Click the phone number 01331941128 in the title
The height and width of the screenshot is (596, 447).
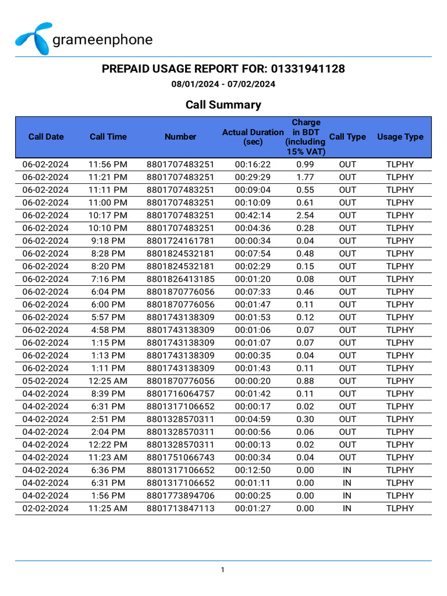(308, 69)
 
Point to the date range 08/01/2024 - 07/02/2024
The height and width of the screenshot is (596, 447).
(223, 84)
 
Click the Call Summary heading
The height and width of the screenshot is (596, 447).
(223, 105)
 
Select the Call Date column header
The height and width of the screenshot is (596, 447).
(46, 137)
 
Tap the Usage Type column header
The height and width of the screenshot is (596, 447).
(400, 137)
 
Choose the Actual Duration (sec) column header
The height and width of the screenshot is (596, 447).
(253, 137)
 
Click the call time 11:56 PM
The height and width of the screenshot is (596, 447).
(108, 164)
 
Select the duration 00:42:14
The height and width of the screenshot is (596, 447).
(253, 215)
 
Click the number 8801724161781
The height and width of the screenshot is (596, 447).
(180, 241)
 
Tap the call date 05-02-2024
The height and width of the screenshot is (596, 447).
(45, 381)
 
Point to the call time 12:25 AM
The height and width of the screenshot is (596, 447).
(108, 381)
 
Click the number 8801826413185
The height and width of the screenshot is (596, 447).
(180, 279)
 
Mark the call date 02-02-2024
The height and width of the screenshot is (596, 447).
(45, 509)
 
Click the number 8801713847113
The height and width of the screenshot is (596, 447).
(180, 509)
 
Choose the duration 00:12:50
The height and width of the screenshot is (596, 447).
(253, 470)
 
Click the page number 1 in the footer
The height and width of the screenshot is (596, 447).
(223, 570)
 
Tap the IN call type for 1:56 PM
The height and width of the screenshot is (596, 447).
(347, 496)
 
